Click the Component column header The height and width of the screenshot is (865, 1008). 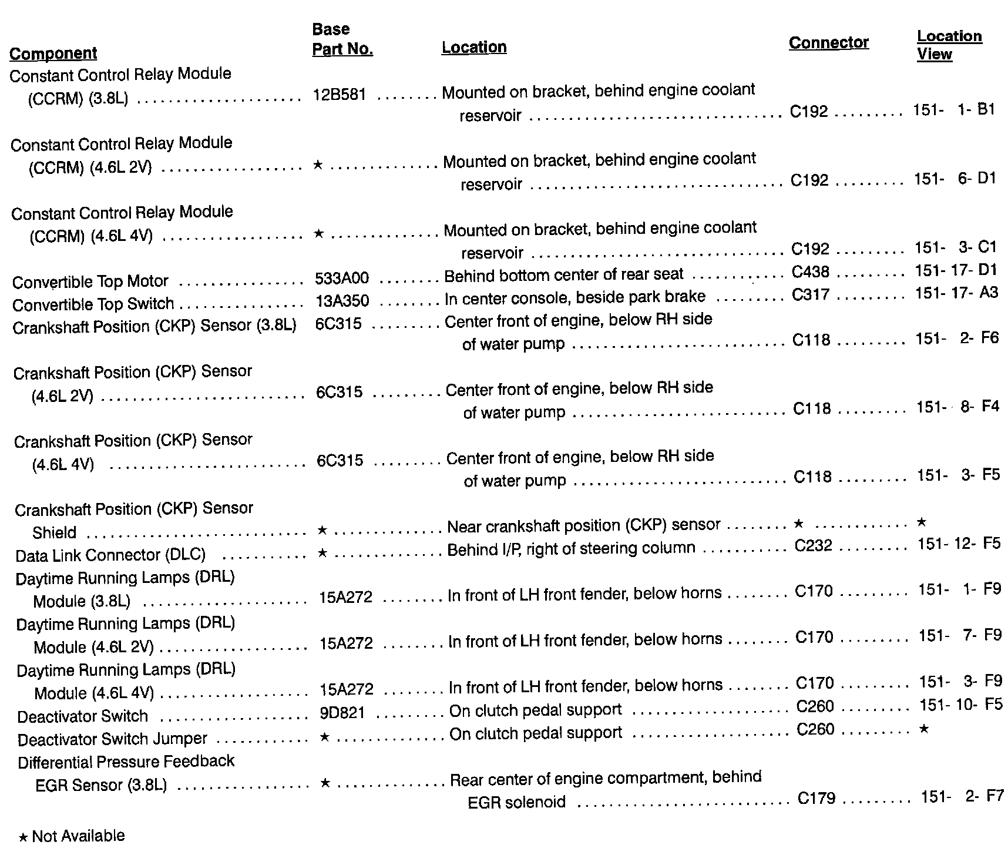pos(53,53)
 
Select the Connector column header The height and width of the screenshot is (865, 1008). pos(828,43)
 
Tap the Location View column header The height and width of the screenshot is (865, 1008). pos(949,45)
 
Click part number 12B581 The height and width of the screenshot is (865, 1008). pos(340,95)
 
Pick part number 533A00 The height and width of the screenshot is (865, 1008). pos(342,279)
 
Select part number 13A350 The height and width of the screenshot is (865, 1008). pos(342,301)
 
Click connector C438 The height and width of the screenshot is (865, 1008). pos(811,272)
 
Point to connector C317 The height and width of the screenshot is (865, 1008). pos(811,294)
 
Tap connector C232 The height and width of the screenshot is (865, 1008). pos(814,546)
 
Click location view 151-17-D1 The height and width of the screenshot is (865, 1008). pos(956,270)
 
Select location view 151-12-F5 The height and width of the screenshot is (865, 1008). pos(959,544)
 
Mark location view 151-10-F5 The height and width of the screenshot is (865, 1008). pos(960,704)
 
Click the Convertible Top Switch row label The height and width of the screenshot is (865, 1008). pos(93,304)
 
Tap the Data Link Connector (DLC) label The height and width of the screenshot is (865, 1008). pos(110,555)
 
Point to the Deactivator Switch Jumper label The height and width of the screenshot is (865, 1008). pos(112,739)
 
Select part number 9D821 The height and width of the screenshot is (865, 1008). pos(342,713)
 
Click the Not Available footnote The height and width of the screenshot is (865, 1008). pos(72,836)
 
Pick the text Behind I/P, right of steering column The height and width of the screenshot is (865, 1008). pos(571,549)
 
